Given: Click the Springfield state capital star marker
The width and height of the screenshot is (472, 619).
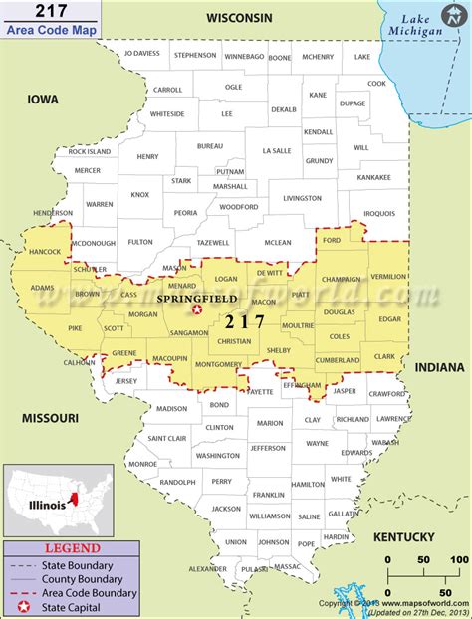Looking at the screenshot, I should [196, 310].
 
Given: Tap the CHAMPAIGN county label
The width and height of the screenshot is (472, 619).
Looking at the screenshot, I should [341, 282].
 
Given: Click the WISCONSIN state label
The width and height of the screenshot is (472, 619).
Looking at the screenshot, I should [239, 18].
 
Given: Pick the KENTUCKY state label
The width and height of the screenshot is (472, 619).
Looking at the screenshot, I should [404, 537].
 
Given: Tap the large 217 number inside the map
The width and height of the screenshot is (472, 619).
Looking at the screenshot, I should [245, 321].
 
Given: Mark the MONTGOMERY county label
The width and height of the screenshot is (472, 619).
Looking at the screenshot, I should [219, 365].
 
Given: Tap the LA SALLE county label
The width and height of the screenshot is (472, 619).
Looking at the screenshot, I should [276, 150].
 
